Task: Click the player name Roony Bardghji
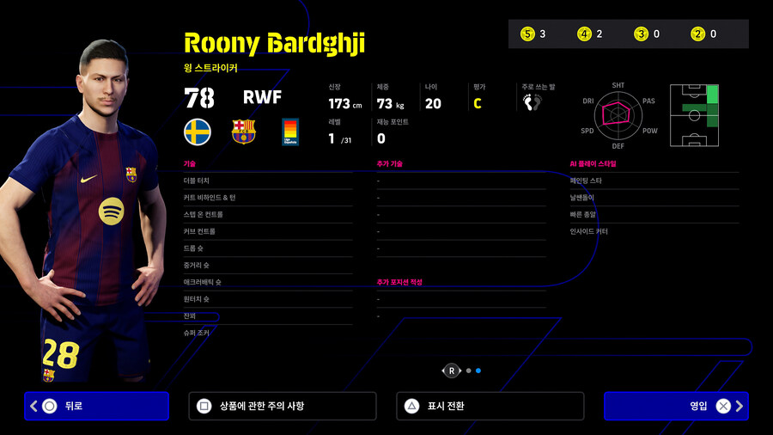274,42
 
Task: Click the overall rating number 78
199,97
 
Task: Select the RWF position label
262,96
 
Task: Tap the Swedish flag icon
198,132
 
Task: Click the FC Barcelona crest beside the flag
244,132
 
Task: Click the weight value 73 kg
390,103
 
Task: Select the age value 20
433,103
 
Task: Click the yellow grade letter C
477,103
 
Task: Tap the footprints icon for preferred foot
533,102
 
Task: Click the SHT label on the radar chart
618,85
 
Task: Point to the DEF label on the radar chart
618,146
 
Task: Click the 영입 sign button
676,406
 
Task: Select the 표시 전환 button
490,406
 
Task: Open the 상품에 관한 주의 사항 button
282,406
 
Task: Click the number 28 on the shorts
60,352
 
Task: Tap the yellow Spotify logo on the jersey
111,211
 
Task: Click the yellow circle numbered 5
527,34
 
